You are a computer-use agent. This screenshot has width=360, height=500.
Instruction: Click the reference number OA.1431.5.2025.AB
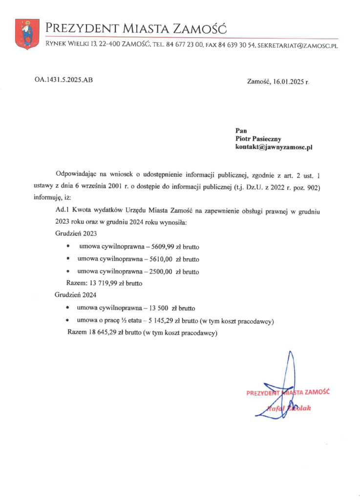(64, 79)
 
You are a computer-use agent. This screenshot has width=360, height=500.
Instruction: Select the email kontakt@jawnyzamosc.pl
(274, 146)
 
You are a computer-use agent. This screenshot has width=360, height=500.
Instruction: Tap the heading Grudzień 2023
(76, 234)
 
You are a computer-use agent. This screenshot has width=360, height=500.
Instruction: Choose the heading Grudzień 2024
(76, 295)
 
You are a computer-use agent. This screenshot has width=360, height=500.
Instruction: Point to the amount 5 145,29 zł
(170, 321)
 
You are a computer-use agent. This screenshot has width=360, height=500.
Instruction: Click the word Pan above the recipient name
(240, 130)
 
